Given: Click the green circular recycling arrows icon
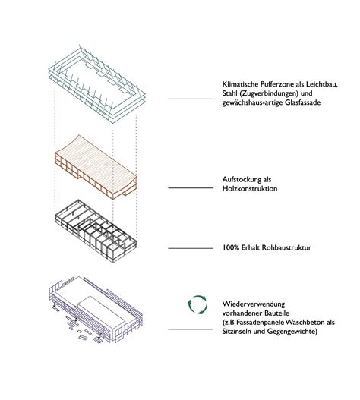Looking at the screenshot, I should pyautogui.click(x=197, y=304).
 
